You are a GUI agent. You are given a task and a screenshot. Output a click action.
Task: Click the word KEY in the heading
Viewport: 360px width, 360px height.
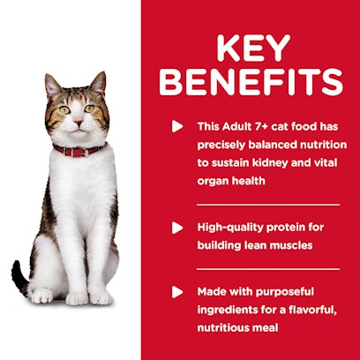point(253,49)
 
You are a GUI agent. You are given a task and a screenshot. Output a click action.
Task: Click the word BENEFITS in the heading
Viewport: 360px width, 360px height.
point(251,82)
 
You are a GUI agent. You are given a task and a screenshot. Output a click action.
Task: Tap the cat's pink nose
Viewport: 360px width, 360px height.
point(79,122)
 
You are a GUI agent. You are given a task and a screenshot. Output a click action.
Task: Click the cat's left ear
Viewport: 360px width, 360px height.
point(53,85)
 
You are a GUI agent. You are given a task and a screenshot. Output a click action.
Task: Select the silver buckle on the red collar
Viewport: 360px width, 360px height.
point(86,153)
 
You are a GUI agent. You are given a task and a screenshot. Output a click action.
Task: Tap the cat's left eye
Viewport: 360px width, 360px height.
point(64,110)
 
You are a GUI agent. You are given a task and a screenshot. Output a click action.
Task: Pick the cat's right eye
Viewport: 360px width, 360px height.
point(90,109)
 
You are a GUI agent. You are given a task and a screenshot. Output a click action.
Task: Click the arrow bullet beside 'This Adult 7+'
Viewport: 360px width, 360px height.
point(177,126)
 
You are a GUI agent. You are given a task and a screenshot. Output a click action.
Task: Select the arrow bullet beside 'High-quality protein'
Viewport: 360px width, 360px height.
point(177,228)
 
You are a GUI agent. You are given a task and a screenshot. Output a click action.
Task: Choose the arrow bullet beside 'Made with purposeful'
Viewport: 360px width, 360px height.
point(177,292)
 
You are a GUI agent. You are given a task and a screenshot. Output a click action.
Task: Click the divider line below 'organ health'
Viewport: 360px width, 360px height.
point(268,205)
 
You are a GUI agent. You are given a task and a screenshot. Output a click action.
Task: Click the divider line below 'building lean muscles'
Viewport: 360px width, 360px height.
point(268,269)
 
